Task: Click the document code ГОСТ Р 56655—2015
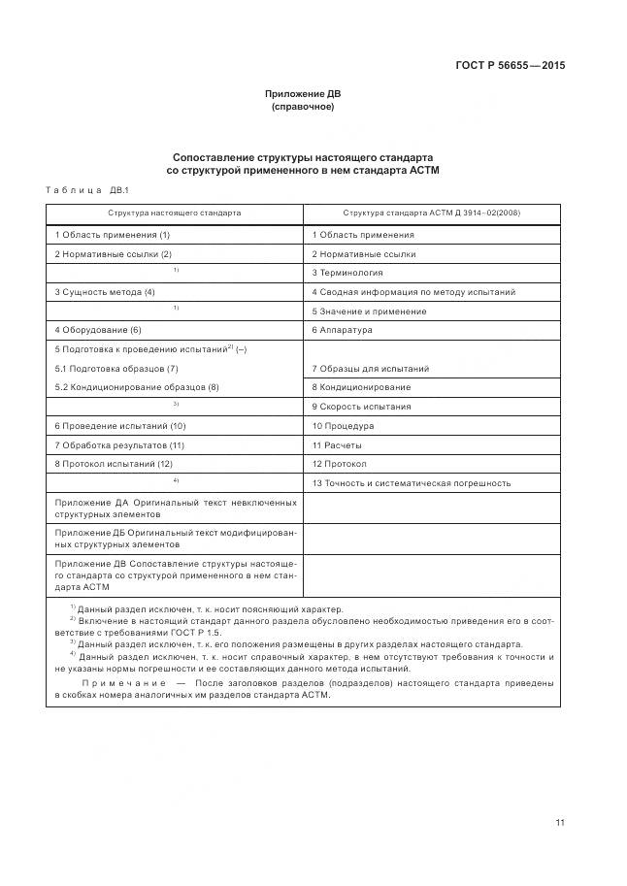click(510, 66)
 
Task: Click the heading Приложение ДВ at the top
click(303, 94)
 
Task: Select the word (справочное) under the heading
click(303, 107)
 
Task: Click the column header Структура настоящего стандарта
click(175, 213)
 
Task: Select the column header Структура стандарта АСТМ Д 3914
click(431, 213)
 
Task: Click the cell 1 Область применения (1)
click(113, 235)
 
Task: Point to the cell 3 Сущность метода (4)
click(105, 292)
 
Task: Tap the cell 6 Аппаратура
click(343, 330)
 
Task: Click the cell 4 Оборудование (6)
click(98, 330)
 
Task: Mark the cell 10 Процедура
click(343, 426)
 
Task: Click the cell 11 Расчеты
click(337, 444)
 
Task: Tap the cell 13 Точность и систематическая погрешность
click(412, 483)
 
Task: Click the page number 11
click(560, 823)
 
